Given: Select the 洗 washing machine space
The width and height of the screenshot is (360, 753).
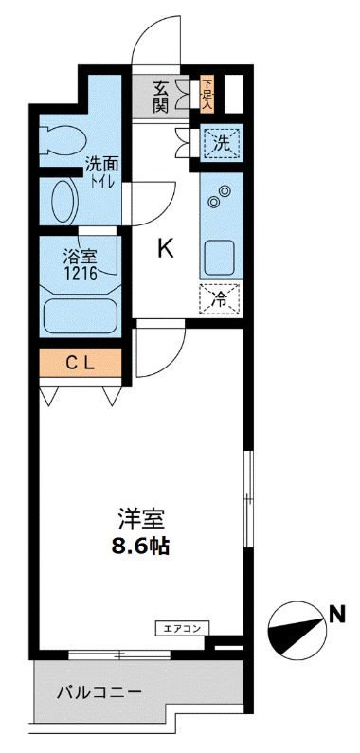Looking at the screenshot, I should [220, 145].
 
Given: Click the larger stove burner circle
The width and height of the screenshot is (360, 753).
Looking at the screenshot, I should [225, 191].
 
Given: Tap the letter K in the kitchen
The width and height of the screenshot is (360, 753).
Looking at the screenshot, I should [166, 248].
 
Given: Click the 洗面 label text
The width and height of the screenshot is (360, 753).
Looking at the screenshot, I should [99, 163].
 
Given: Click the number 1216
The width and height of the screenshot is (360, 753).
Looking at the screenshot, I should [79, 273].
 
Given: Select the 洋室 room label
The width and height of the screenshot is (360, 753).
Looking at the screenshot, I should [142, 518].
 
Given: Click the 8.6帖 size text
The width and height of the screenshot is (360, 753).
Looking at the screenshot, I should [142, 546].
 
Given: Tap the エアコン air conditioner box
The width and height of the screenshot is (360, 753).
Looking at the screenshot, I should [182, 627].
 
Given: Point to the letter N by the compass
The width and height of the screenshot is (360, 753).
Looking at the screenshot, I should [335, 615].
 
